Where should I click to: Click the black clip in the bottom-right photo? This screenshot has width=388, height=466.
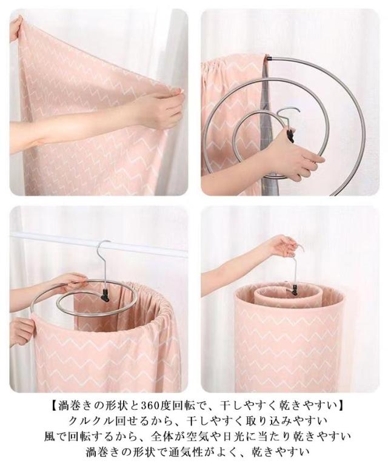[293, 289]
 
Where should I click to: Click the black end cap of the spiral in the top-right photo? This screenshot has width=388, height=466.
[269, 58]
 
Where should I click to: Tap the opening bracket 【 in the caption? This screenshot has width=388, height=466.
[53, 405]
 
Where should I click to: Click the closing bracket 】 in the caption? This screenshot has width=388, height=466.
[339, 405]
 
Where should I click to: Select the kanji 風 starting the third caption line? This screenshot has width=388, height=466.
[50, 436]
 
